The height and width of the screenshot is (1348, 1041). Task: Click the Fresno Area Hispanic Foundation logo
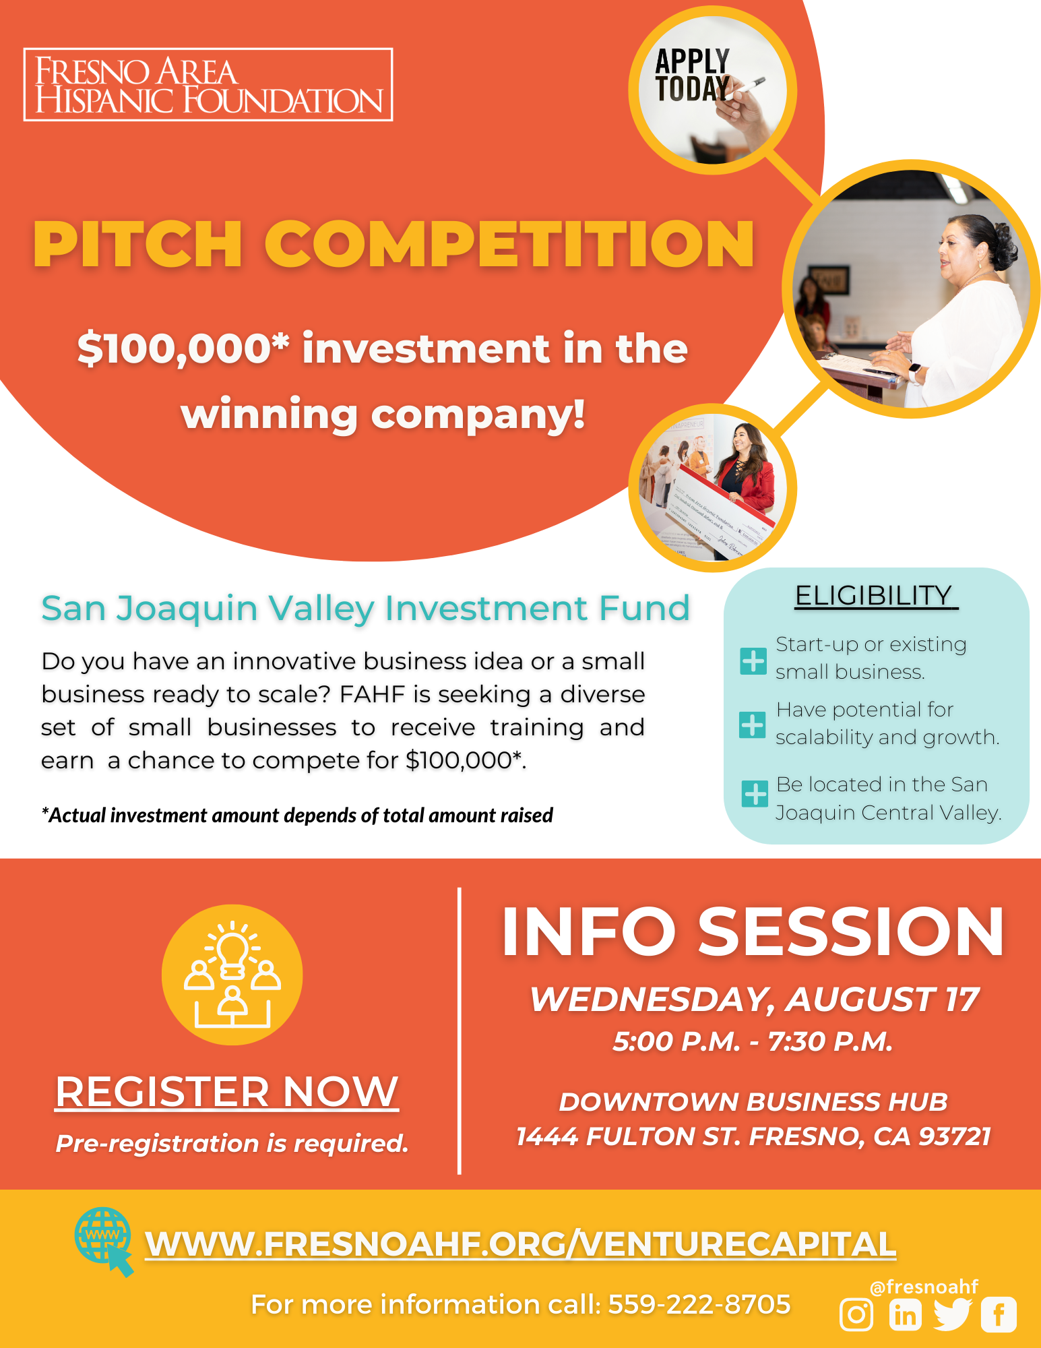click(208, 85)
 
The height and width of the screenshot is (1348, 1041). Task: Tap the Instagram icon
click(856, 1314)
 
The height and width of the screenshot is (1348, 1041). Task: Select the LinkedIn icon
click(905, 1315)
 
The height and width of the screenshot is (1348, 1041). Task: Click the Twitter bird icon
click(952, 1314)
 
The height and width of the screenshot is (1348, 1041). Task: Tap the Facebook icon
click(999, 1315)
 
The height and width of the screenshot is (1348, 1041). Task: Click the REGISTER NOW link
click(227, 1091)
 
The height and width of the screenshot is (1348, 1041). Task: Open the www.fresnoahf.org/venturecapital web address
click(520, 1244)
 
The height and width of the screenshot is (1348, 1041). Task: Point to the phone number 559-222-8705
click(699, 1305)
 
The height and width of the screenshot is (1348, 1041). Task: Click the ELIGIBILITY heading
click(874, 596)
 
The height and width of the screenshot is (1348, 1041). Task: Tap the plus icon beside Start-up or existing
click(753, 661)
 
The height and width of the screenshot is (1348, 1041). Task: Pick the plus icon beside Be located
click(755, 794)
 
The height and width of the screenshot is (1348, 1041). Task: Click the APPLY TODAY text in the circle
click(693, 75)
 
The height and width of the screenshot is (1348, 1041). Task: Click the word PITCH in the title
click(137, 244)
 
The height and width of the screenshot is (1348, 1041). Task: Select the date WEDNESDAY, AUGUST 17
click(754, 999)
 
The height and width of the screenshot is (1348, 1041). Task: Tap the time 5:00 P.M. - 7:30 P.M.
click(753, 1042)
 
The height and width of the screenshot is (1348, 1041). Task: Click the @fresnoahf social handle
click(924, 1287)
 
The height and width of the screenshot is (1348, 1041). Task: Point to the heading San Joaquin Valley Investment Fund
click(365, 608)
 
